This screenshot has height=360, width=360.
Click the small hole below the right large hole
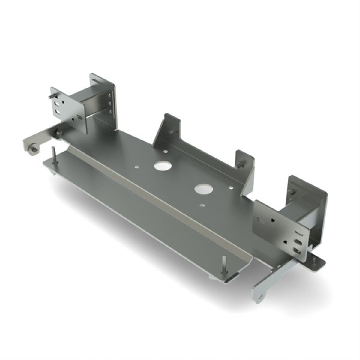point(202,205)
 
